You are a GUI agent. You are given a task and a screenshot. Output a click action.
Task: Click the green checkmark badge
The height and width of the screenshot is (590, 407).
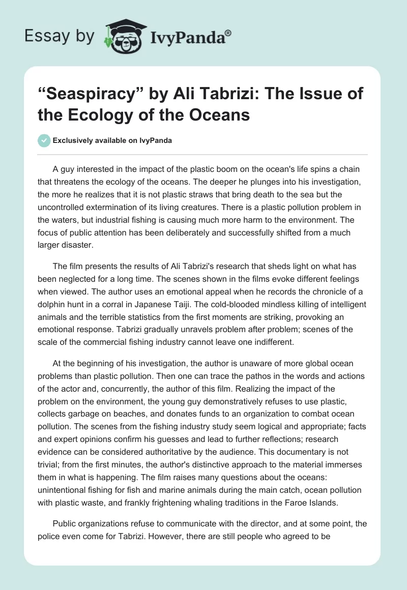pos(44,140)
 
